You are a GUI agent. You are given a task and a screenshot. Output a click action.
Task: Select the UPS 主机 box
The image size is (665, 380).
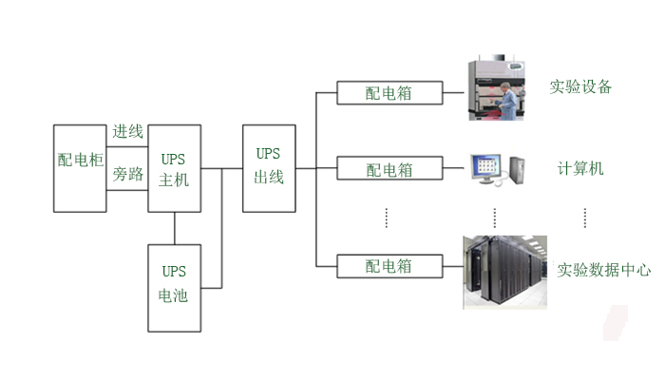[175, 167]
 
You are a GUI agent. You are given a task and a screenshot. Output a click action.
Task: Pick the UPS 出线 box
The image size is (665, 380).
[269, 167]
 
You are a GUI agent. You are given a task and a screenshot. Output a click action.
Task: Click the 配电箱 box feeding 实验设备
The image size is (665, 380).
[389, 93]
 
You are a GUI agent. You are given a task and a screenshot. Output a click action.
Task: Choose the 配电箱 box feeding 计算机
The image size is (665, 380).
[389, 170]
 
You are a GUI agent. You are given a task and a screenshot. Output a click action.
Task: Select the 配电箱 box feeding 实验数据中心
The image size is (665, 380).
[389, 266]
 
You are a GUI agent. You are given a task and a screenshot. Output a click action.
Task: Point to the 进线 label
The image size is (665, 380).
[127, 132]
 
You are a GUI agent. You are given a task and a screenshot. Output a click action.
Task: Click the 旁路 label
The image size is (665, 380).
[127, 175]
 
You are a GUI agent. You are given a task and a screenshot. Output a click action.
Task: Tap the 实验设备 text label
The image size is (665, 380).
[580, 87]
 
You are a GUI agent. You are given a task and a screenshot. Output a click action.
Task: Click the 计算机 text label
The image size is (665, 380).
[580, 169]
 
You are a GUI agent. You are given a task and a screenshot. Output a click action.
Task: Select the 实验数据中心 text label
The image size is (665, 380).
[604, 270]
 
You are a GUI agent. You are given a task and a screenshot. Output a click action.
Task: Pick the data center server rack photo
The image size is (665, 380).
[503, 272]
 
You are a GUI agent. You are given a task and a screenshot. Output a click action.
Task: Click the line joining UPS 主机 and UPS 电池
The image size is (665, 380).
[175, 228]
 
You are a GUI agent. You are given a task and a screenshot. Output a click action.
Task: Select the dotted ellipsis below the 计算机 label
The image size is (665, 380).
[584, 218]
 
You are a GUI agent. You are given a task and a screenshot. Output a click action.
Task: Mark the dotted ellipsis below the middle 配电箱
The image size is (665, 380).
[388, 218]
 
